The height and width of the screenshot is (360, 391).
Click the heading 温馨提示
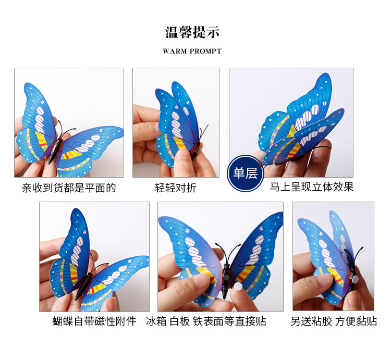coord(192,32)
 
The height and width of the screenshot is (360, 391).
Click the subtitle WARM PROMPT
coord(192,52)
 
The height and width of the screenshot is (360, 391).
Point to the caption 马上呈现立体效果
coord(312,187)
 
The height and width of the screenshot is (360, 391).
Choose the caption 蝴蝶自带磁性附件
coord(94,321)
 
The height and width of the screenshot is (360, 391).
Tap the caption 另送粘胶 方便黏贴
coord(334,321)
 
